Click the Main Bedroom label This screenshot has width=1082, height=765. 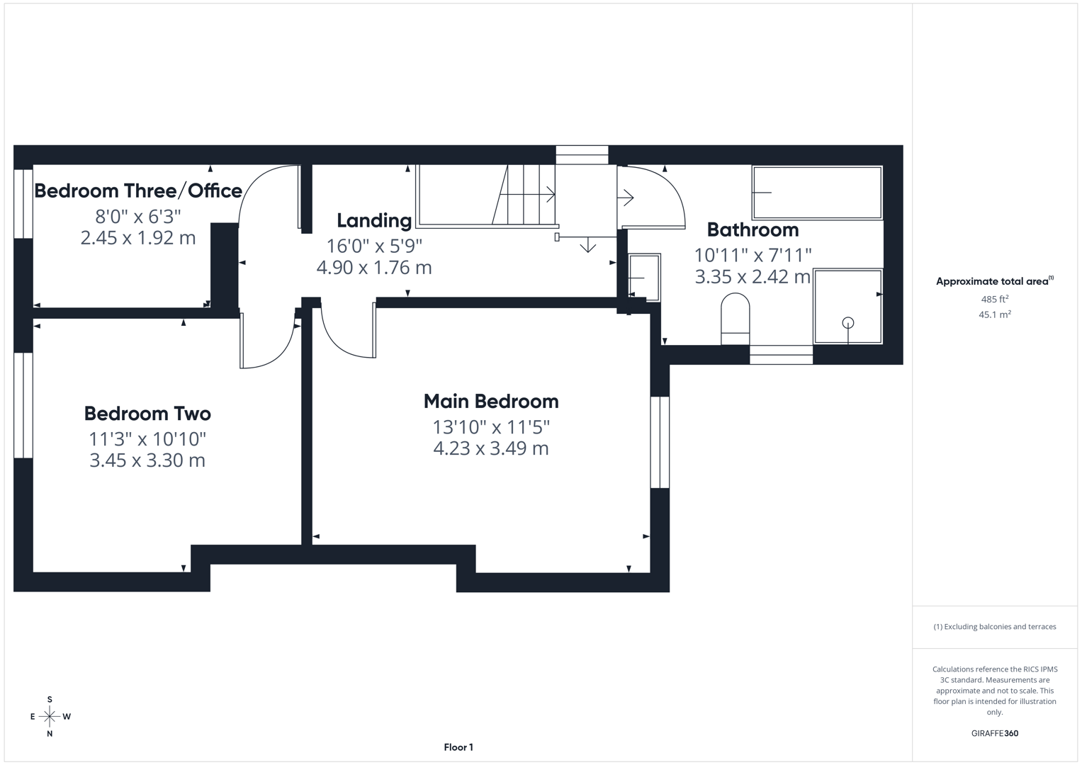pyautogui.click(x=491, y=402)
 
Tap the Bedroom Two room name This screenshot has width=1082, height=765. pyautogui.click(x=147, y=414)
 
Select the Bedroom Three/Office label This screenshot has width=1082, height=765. pyautogui.click(x=138, y=191)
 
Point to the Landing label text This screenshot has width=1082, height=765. pyautogui.click(x=374, y=221)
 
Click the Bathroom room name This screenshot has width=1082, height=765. pyautogui.click(x=753, y=230)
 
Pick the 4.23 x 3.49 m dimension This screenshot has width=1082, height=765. pyautogui.click(x=491, y=448)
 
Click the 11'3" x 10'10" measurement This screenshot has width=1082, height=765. pyautogui.click(x=147, y=439)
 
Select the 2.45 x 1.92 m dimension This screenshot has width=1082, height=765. pyautogui.click(x=138, y=238)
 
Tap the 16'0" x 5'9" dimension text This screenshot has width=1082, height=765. pyautogui.click(x=374, y=246)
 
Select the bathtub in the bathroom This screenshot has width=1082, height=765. pyautogui.click(x=817, y=193)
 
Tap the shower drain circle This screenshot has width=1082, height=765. pyautogui.click(x=848, y=323)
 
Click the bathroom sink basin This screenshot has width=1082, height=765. pyautogui.click(x=644, y=278)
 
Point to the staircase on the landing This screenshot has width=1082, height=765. pyautogui.click(x=496, y=195)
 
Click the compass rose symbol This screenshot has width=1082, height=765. pyautogui.click(x=50, y=717)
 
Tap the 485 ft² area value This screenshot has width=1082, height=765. pyautogui.click(x=995, y=300)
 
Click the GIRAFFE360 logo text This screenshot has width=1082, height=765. pyautogui.click(x=994, y=733)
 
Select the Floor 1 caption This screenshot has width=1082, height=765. pyautogui.click(x=458, y=747)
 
